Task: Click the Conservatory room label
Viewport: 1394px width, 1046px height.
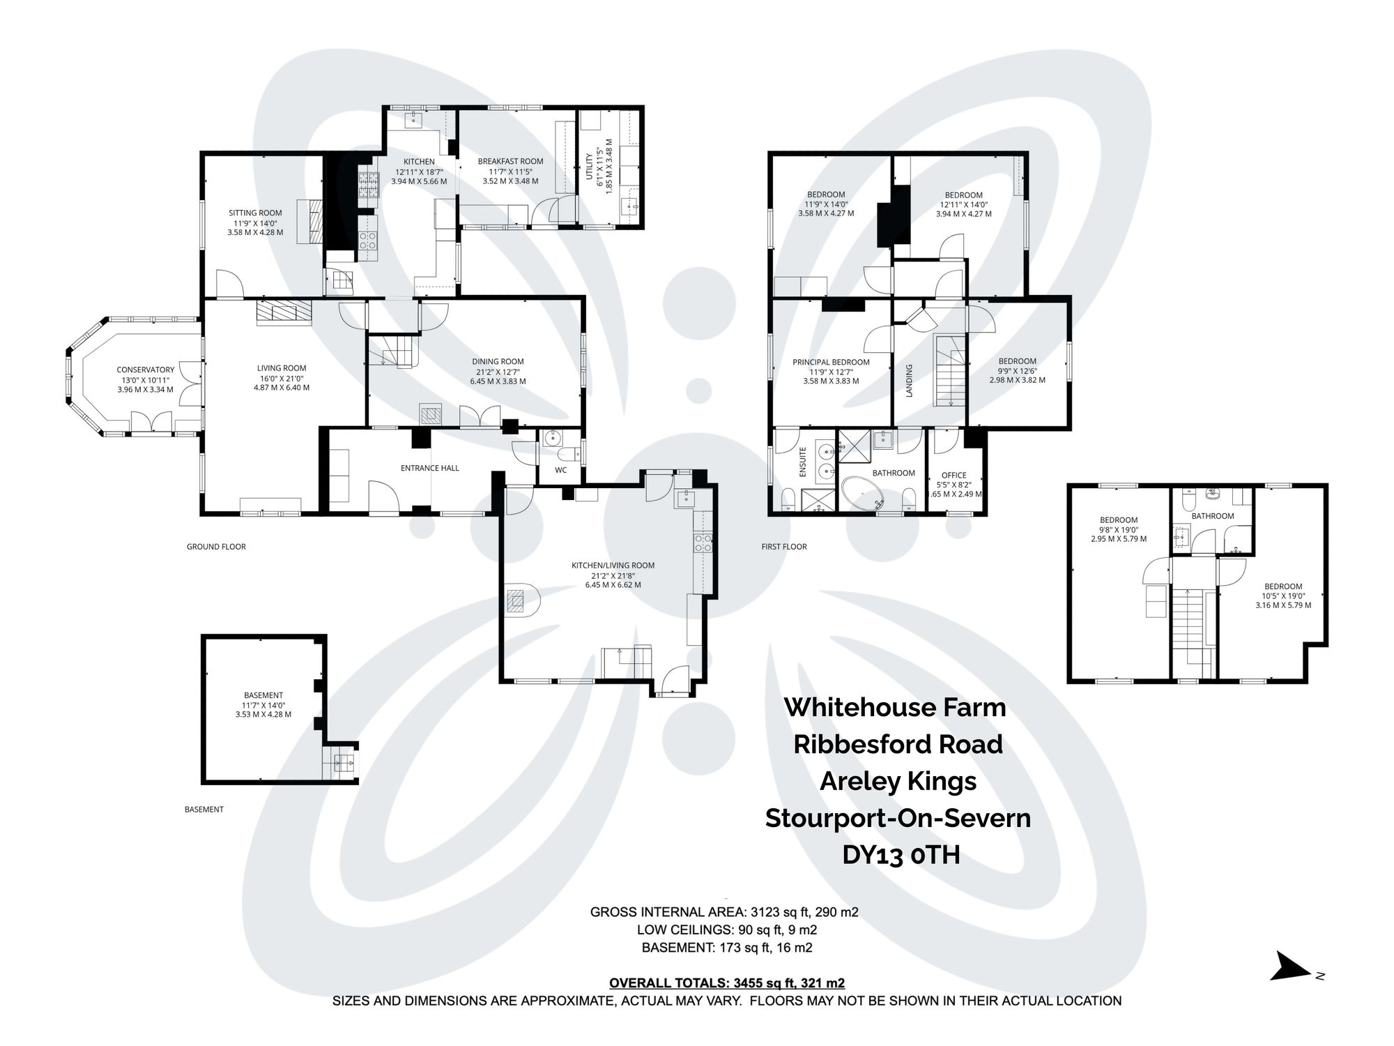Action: [x=145, y=370]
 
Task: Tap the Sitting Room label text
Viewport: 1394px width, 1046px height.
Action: [x=255, y=213]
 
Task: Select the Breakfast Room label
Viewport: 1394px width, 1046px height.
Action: [x=510, y=161]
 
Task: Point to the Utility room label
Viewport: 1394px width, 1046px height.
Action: [x=590, y=167]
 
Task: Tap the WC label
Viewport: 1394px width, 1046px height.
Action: [x=561, y=470]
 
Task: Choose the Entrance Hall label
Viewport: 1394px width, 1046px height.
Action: [x=429, y=468]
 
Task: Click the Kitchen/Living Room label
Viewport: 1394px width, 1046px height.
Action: [x=613, y=566]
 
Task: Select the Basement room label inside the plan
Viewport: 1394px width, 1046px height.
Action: [x=263, y=695]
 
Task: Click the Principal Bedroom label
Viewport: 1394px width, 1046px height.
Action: [x=831, y=362]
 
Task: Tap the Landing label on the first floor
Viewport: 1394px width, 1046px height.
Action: [x=909, y=381]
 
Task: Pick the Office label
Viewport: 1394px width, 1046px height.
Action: [x=953, y=476]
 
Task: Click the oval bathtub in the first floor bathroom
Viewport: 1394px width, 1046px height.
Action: [x=863, y=494]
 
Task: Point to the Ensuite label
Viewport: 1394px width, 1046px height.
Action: [x=802, y=462]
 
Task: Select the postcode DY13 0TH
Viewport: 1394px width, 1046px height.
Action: [x=901, y=854]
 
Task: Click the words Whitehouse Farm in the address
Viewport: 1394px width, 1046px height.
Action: [x=895, y=707]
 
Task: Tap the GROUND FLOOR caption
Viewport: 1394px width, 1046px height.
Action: [x=216, y=547]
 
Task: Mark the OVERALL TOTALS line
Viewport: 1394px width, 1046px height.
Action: [x=726, y=983]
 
